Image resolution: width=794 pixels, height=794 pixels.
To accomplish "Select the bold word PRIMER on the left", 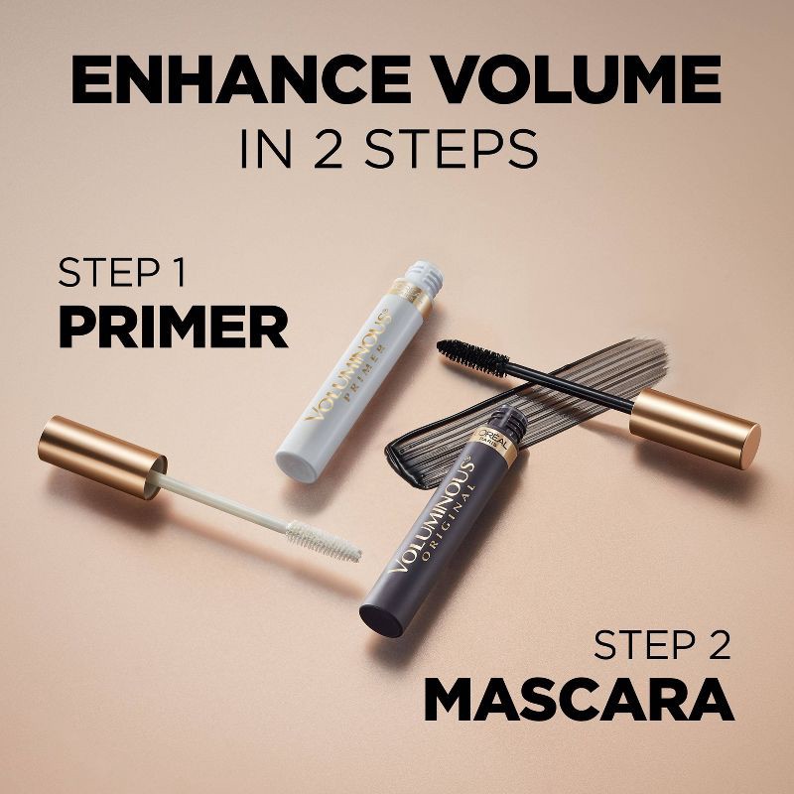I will [173, 328].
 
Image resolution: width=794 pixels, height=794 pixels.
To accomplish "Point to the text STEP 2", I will [662, 646].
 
